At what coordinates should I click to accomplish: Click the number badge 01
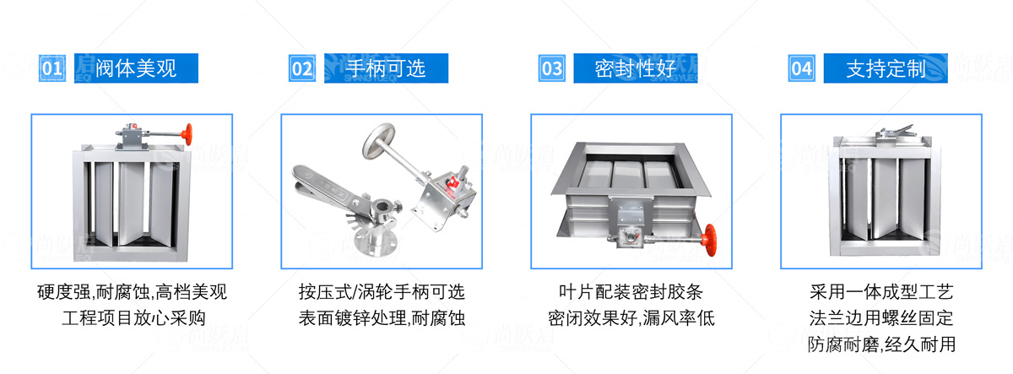(x=52, y=68)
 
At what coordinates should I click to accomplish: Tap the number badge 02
(x=302, y=68)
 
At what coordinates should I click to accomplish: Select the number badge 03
(x=552, y=68)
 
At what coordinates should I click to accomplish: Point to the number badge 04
(x=802, y=68)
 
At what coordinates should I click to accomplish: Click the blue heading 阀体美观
(x=136, y=68)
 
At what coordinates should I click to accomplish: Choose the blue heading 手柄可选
(x=387, y=68)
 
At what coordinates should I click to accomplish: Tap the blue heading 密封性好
(x=636, y=68)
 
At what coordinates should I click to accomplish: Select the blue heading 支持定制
(x=886, y=68)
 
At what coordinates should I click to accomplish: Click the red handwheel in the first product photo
(x=187, y=134)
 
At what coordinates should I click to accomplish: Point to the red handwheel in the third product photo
(x=710, y=240)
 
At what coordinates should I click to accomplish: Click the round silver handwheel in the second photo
(x=378, y=140)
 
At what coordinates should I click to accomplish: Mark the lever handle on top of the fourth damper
(x=896, y=133)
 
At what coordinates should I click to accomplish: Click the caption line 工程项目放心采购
(x=134, y=318)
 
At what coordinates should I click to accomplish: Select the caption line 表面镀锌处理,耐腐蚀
(x=382, y=318)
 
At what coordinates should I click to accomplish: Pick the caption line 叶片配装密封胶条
(x=631, y=292)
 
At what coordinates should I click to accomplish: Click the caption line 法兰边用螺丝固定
(x=881, y=318)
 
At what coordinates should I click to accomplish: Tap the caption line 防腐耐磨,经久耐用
(x=881, y=344)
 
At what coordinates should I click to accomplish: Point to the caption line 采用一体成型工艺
(x=881, y=292)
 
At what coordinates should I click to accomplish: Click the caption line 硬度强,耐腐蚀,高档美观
(x=132, y=292)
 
